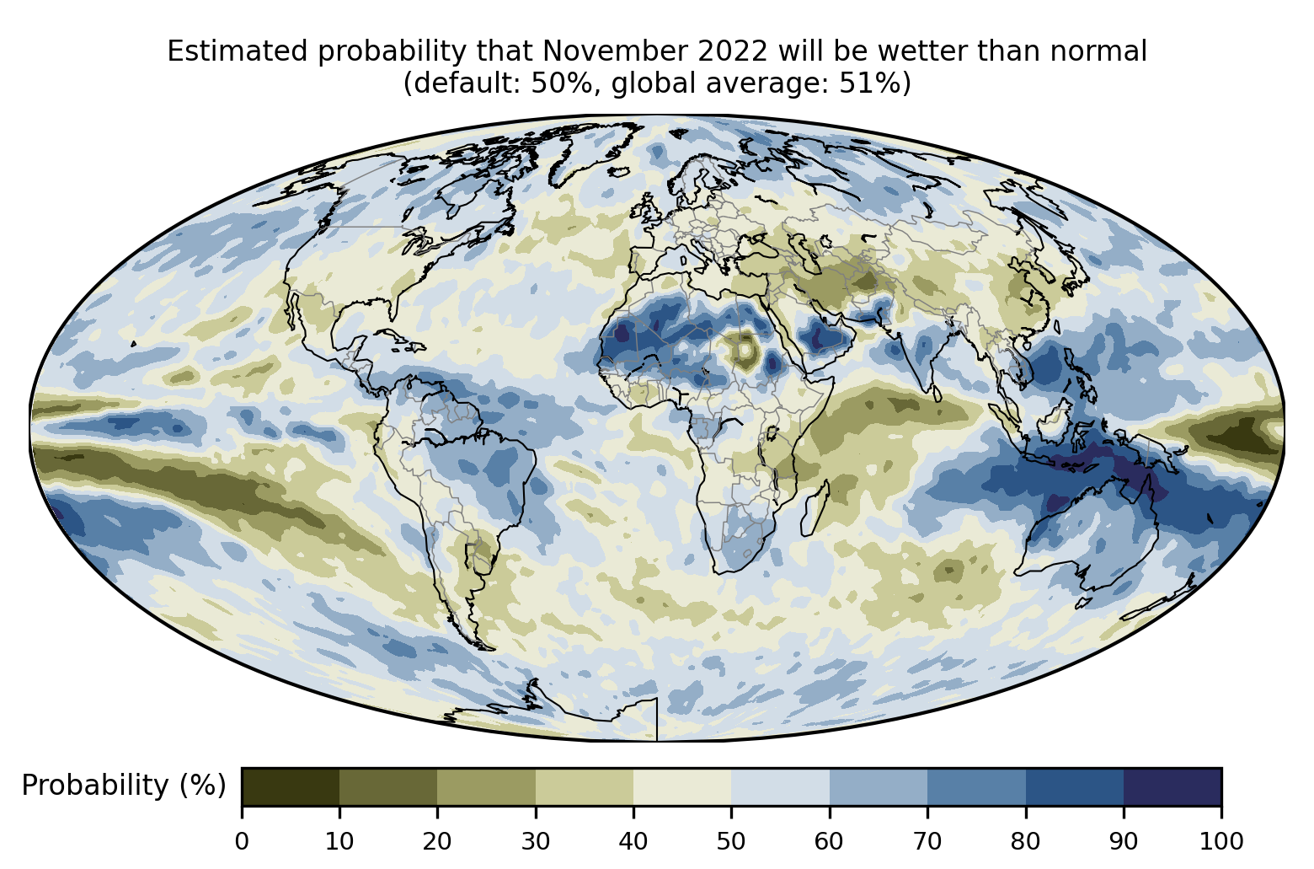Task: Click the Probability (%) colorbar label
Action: (124, 786)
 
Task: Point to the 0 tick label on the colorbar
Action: (242, 840)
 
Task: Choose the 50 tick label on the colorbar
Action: (731, 840)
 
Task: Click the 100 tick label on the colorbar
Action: (1221, 840)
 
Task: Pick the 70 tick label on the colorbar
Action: (927, 840)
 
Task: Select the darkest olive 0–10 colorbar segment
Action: (291, 786)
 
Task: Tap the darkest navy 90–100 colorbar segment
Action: (1172, 786)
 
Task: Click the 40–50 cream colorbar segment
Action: (682, 786)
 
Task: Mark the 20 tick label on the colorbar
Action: (437, 840)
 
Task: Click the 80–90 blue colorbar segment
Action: (1074, 786)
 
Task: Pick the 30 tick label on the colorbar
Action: (536, 840)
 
